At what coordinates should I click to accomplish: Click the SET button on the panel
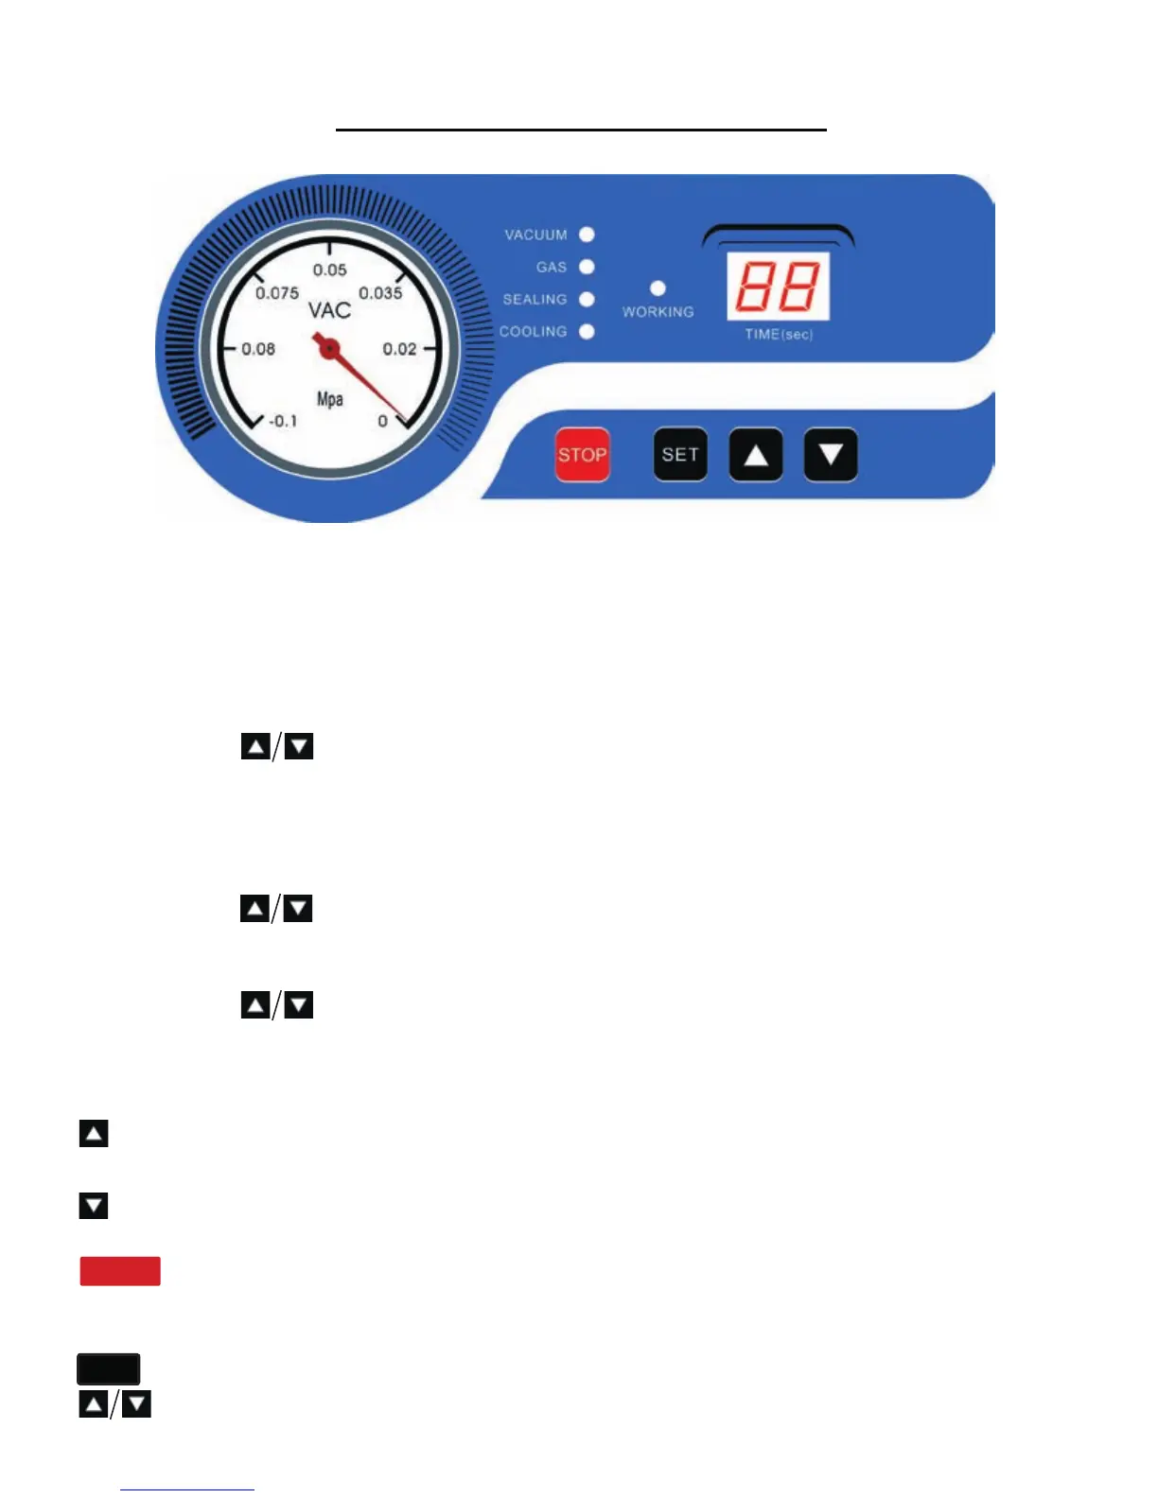tap(680, 455)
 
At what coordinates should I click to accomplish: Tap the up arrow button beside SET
tap(755, 455)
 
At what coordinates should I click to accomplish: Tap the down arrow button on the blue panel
tap(831, 455)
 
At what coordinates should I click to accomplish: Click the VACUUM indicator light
tap(587, 235)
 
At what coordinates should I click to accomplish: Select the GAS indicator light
tap(587, 267)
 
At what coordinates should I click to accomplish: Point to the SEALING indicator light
tap(587, 299)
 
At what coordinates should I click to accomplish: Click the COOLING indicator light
tap(587, 331)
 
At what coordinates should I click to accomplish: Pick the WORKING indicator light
tap(658, 288)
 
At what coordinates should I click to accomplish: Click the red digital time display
tap(778, 287)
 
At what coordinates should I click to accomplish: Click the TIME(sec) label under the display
tap(779, 334)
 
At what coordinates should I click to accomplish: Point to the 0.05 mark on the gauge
tap(329, 270)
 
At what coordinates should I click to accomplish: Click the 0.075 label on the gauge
tap(277, 293)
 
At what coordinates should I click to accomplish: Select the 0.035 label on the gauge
tap(380, 293)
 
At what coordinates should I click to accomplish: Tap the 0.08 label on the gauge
tap(258, 349)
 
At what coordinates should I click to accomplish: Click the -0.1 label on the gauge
tap(283, 421)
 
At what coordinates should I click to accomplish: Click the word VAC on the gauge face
tap(329, 310)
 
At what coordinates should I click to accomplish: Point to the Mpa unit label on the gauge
tap(329, 399)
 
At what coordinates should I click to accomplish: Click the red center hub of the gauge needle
tap(328, 349)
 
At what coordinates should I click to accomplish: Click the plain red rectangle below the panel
tap(120, 1271)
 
